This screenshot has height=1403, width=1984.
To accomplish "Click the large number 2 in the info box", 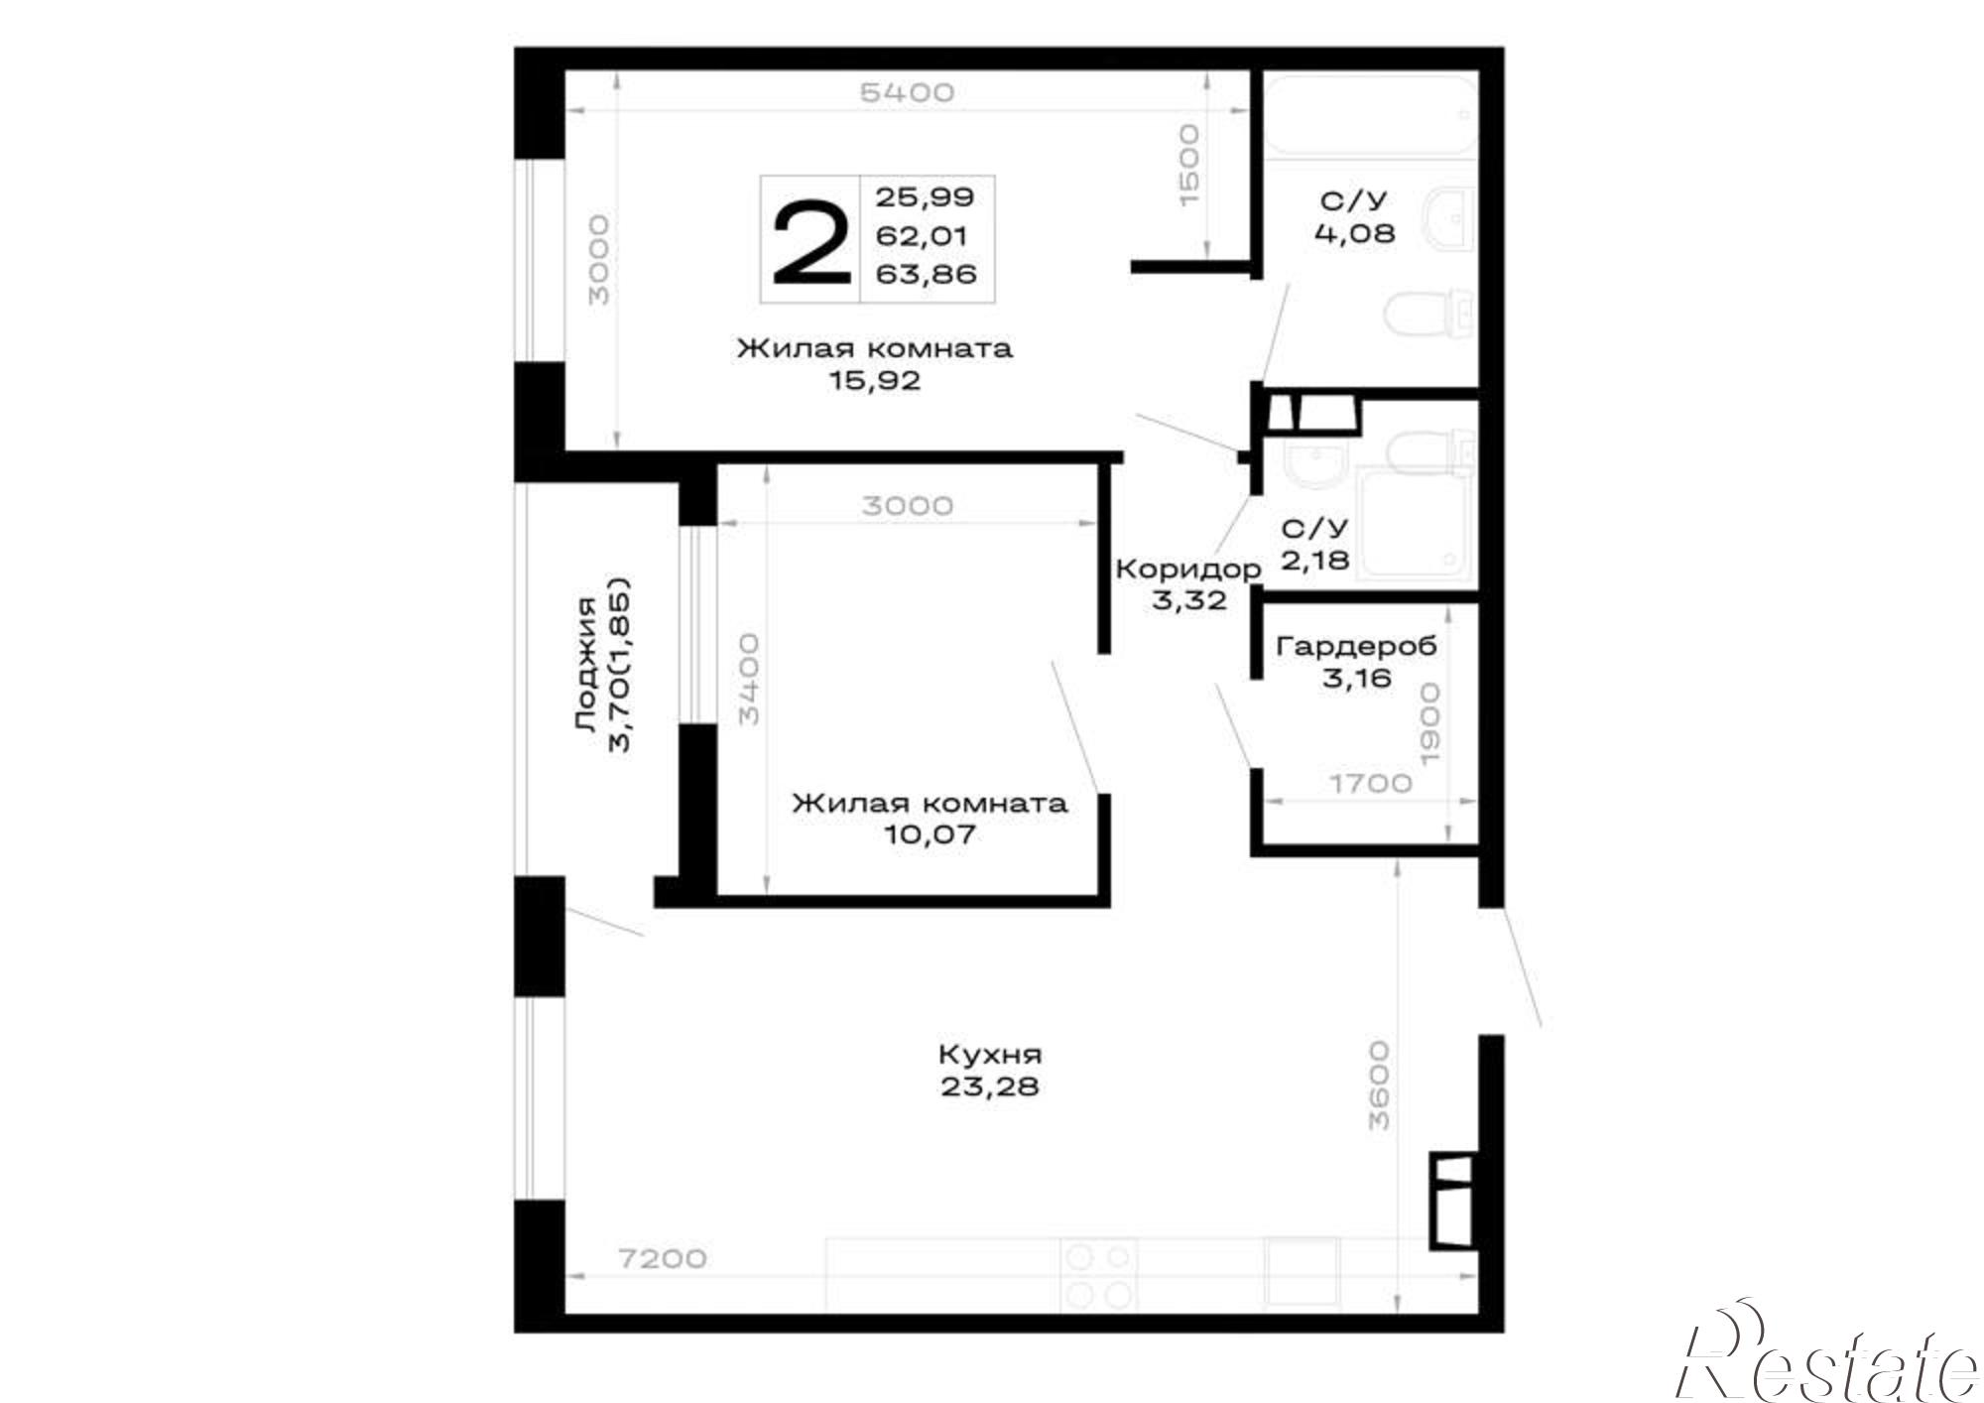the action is [811, 240].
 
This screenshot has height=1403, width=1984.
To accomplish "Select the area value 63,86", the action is [926, 274].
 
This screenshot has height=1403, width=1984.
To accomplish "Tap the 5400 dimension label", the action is [907, 92].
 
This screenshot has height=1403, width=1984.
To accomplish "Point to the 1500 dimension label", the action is [1188, 165].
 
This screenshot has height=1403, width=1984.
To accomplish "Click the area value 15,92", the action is [875, 380].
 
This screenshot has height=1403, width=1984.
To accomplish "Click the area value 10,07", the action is [930, 833].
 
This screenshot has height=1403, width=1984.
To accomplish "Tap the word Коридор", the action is [1188, 570].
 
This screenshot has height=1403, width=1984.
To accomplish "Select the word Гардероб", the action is [1356, 647].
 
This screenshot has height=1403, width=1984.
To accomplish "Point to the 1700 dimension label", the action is [1371, 783].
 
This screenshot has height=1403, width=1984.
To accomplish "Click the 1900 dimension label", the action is [1429, 723].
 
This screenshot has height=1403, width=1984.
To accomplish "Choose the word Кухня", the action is [990, 1054].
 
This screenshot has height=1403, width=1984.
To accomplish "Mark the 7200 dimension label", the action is [662, 1258].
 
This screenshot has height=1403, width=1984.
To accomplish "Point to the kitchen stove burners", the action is [1098, 1276].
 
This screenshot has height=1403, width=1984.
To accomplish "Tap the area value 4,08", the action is [1354, 234].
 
